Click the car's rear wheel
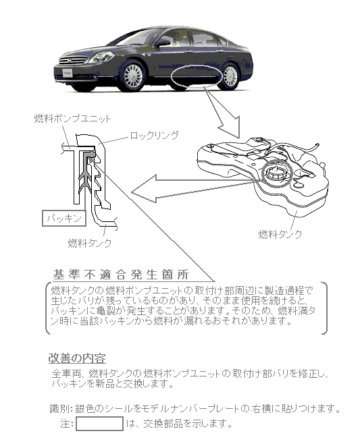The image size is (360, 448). pyautogui.click(x=230, y=76)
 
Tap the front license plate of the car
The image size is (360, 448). pyautogui.click(x=68, y=74)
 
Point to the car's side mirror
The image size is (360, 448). pyautogui.click(x=162, y=43)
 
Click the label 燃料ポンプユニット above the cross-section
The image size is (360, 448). pyautogui.click(x=72, y=119)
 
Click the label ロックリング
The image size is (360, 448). pyautogui.click(x=155, y=135)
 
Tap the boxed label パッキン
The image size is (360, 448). pyautogui.click(x=64, y=219)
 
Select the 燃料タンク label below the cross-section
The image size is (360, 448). pyautogui.click(x=90, y=243)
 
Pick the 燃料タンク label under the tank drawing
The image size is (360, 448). pyautogui.click(x=280, y=234)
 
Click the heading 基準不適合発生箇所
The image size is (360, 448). pyautogui.click(x=121, y=275)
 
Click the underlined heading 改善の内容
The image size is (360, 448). pyautogui.click(x=77, y=358)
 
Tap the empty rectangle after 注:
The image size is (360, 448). pyautogui.click(x=99, y=424)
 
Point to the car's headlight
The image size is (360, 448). pyautogui.click(x=101, y=57)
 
